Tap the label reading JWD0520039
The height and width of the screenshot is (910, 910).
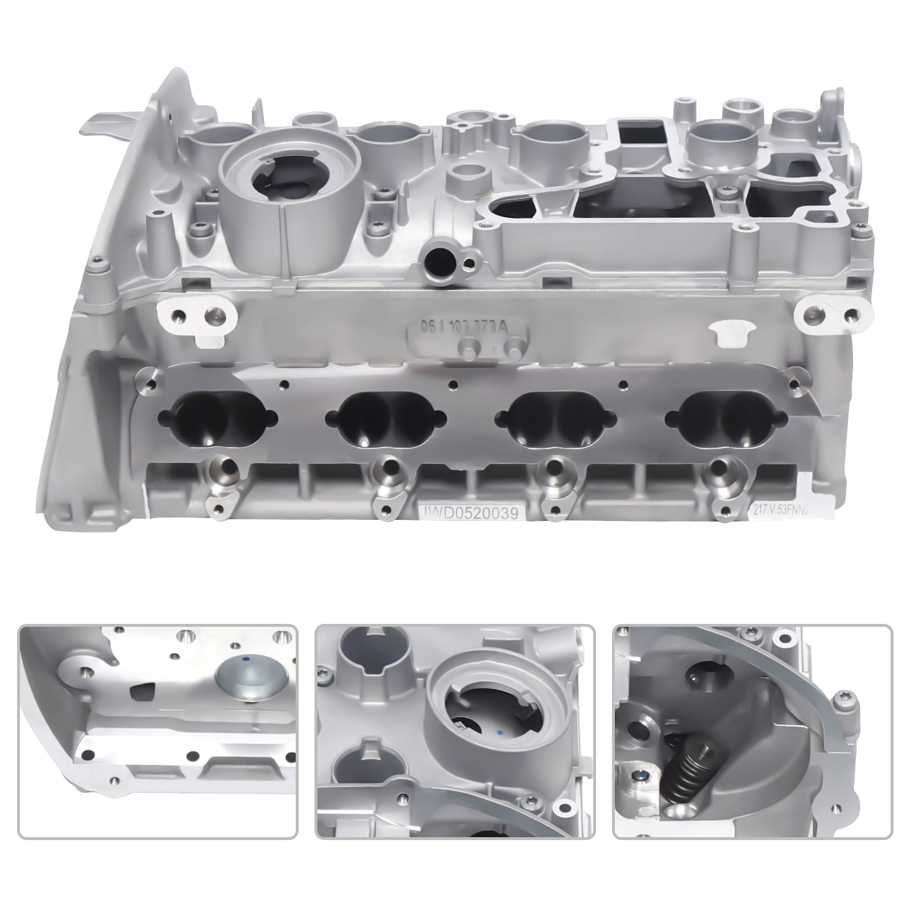pos(468,513)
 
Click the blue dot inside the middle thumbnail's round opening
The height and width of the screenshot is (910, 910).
pos(499,730)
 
